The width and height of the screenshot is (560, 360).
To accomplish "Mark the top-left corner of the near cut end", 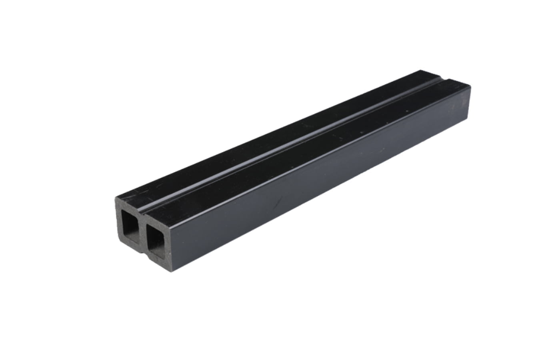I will (117, 196).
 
